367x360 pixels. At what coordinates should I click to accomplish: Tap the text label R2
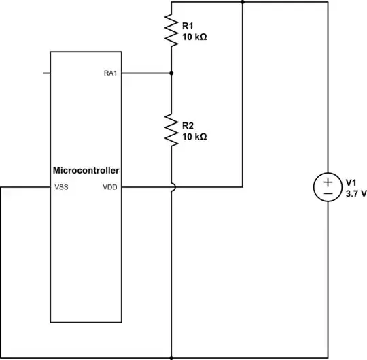pyautogui.click(x=188, y=125)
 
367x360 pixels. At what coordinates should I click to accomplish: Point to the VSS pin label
pyautogui.click(x=61, y=186)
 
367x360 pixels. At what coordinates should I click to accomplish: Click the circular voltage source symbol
pyautogui.click(x=328, y=187)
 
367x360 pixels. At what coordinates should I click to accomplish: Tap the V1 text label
pyautogui.click(x=351, y=182)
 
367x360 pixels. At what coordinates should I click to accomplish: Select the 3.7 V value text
pyautogui.click(x=356, y=193)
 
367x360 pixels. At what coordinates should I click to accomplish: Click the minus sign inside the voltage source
pyautogui.click(x=328, y=194)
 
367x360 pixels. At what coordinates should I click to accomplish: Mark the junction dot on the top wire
pyautogui.click(x=243, y=2)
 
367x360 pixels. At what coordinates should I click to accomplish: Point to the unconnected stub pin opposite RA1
pyautogui.click(x=47, y=73)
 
